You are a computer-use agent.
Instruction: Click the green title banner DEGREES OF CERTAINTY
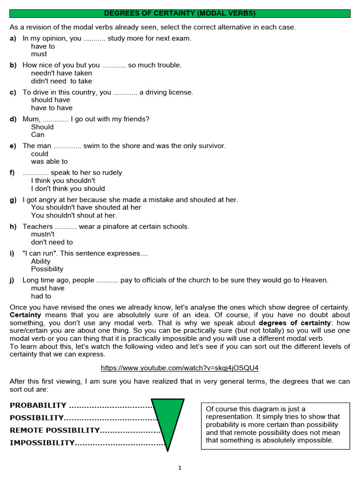pos(180,13)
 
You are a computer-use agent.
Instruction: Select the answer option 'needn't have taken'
pos(61,73)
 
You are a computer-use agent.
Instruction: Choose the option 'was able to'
pos(49,162)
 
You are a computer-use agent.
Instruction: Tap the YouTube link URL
pos(180,368)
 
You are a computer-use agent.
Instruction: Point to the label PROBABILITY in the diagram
pos(38,405)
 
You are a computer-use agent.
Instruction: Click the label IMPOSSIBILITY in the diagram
pos(42,442)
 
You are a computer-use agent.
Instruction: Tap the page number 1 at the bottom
pos(180,467)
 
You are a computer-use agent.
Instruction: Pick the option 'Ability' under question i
pos(41,262)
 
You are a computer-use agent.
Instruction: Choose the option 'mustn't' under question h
pos(43,234)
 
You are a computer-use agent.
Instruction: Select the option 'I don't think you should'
pos(68,189)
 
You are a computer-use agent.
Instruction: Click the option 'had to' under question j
pos(41,296)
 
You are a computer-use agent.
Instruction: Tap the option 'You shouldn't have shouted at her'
pos(86,208)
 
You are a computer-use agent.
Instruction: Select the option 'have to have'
pos(52,108)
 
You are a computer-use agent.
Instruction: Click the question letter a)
pos(13,38)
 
